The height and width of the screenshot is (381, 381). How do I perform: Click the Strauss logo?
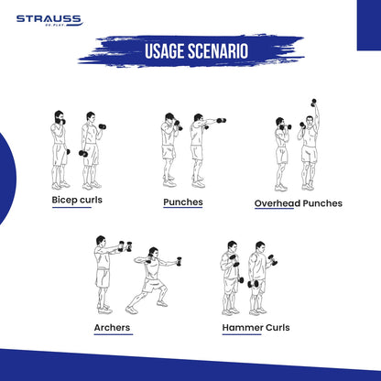click(49, 20)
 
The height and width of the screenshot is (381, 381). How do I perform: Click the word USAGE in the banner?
click(165, 51)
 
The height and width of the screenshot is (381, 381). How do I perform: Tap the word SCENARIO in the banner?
click(218, 51)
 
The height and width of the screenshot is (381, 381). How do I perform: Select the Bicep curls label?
click(77, 200)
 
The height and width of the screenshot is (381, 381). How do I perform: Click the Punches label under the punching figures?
click(183, 202)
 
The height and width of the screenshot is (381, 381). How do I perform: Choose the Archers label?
click(112, 328)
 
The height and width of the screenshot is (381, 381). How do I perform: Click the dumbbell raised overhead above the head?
click(313, 103)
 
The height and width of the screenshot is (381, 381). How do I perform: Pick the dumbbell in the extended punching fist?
click(222, 121)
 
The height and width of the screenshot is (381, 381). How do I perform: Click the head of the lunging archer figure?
click(153, 252)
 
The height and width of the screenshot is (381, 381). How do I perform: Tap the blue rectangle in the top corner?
click(369, 25)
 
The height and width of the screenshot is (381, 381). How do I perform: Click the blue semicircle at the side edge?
click(6, 179)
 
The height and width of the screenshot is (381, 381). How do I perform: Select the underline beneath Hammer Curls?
click(242, 334)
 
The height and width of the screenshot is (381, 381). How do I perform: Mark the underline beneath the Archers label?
click(114, 334)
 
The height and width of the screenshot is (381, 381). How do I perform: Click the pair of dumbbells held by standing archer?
click(125, 246)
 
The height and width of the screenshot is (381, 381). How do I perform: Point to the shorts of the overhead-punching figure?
click(310, 154)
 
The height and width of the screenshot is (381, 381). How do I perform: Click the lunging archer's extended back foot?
click(132, 310)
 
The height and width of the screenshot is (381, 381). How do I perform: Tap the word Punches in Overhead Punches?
click(322, 203)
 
